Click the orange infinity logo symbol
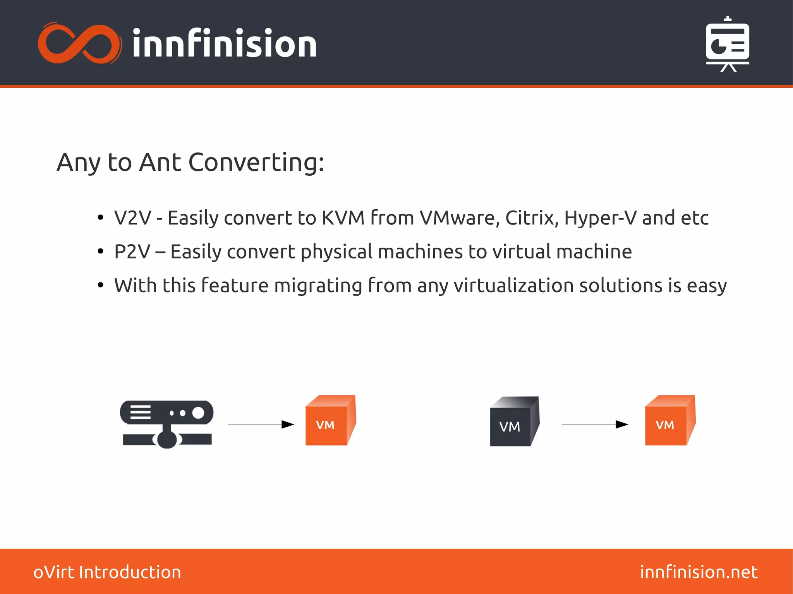coord(80,43)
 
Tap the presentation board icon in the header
coord(727,45)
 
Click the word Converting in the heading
coord(256,162)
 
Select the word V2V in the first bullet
coord(132,218)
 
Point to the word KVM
coord(343,218)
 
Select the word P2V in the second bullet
coord(132,252)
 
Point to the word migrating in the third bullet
coord(318,286)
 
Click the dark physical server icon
coord(166,424)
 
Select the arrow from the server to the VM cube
coord(261,425)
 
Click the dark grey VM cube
coord(514,422)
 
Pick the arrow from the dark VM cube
coord(595,425)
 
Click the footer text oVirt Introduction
coord(107,572)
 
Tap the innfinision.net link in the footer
coord(699,572)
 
